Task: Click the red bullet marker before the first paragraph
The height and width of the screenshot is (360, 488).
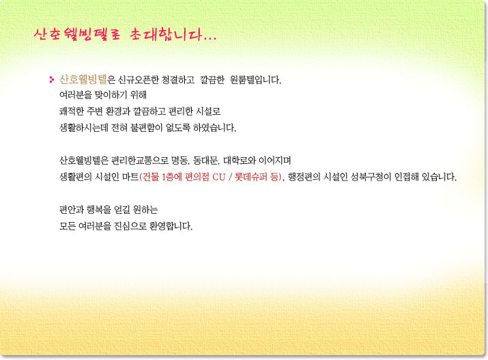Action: click(52, 80)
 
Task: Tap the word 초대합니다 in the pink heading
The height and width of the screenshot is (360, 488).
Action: click(173, 35)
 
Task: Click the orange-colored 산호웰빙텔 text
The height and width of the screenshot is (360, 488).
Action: click(83, 80)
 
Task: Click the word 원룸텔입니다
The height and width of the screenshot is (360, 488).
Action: click(255, 80)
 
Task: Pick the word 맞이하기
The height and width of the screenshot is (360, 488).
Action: click(111, 95)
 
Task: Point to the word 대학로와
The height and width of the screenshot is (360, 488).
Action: click(240, 161)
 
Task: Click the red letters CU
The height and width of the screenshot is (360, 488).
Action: click(219, 177)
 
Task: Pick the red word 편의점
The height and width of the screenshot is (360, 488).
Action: click(197, 177)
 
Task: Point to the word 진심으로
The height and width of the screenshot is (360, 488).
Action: click(130, 226)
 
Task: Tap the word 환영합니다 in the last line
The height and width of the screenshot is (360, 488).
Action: click(171, 226)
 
